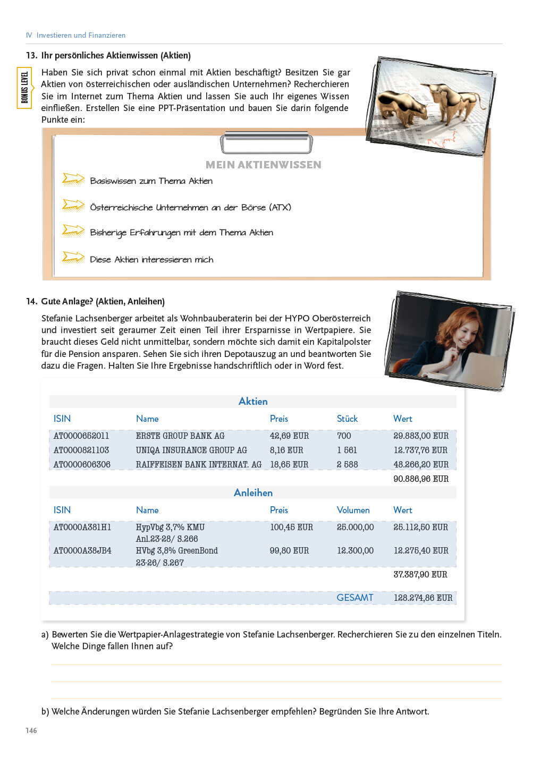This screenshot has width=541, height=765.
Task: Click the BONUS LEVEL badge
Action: point(25,88)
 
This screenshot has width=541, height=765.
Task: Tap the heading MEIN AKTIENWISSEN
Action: point(263,165)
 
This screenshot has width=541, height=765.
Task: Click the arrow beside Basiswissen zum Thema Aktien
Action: point(73,179)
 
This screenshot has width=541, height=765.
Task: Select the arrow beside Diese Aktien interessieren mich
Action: point(73,258)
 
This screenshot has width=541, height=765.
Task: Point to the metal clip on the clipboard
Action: point(266,142)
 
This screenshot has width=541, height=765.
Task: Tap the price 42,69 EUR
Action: point(289,436)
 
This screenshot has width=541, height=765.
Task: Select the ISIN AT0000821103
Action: point(81,450)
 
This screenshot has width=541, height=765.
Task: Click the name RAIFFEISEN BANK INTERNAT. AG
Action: point(198,464)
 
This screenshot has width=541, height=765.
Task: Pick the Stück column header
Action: point(347,419)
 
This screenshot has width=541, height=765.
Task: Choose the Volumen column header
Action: point(353,510)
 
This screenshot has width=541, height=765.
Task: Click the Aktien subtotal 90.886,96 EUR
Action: point(421,479)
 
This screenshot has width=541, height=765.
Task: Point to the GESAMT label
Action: point(354,598)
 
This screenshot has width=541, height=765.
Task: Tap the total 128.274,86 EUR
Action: point(423,598)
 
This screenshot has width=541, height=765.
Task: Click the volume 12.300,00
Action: point(355,550)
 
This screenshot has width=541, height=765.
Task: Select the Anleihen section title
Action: point(253,492)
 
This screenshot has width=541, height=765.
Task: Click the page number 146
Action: point(31,730)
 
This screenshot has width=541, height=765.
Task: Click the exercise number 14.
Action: point(31,301)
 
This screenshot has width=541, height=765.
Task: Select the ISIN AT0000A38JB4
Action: point(82,550)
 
